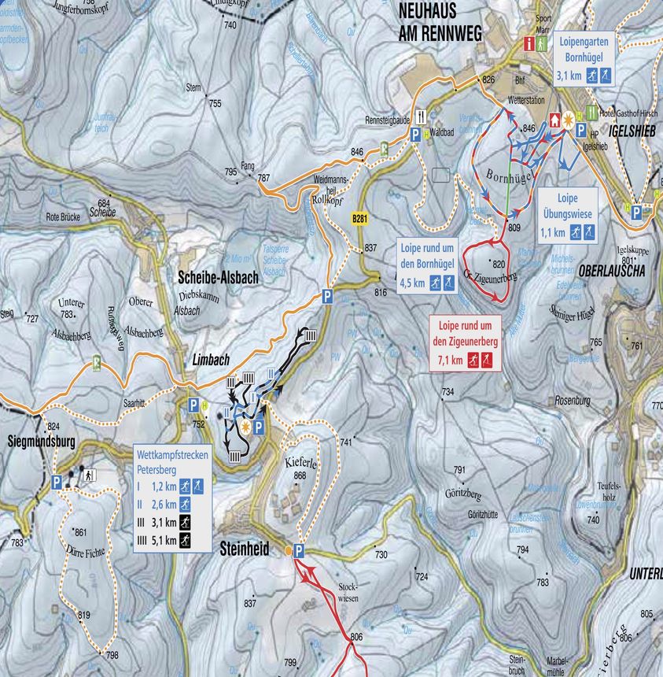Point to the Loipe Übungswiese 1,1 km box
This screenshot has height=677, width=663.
coord(567,214)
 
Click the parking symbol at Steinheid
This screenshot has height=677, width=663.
coord(298,552)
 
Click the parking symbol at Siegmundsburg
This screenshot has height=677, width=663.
coord(57,482)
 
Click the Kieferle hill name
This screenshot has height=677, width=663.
coord(300,464)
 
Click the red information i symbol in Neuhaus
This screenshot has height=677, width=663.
coord(530,44)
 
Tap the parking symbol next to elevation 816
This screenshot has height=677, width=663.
coord(327,297)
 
